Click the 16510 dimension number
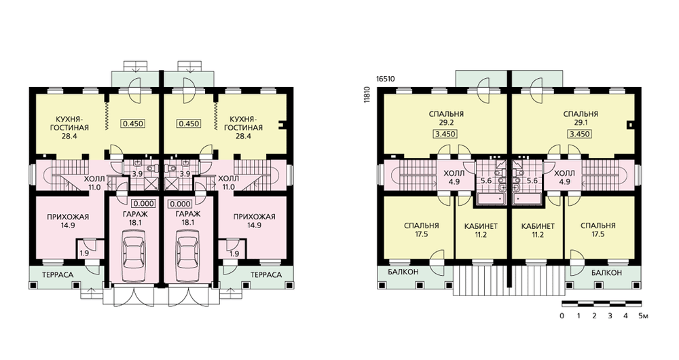[386, 79]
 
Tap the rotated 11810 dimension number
[367, 94]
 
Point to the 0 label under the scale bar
[562, 316]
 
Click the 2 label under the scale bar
[594, 316]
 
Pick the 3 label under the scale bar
[610, 316]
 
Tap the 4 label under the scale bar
[626, 316]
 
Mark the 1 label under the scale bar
[579, 316]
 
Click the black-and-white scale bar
[602, 303]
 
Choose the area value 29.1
[581, 123]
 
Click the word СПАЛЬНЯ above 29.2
[446, 114]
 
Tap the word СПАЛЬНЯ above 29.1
[581, 114]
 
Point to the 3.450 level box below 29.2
[445, 134]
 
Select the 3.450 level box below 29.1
[581, 134]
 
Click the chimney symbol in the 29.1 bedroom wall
[631, 125]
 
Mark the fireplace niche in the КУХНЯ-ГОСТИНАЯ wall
[283, 125]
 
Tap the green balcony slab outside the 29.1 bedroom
[537, 78]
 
